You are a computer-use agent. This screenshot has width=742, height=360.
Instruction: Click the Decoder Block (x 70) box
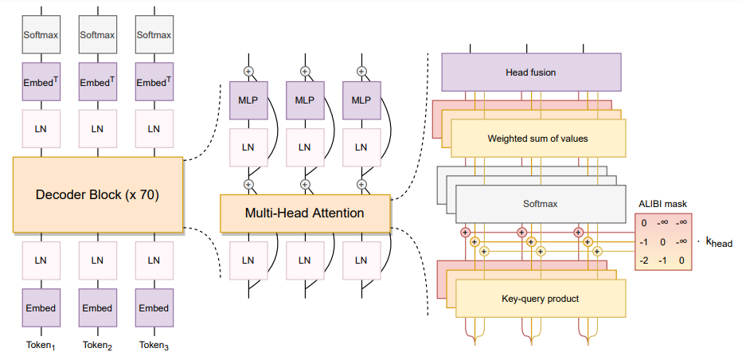coord(97,194)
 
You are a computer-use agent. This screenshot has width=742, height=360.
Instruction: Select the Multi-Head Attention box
coord(305,213)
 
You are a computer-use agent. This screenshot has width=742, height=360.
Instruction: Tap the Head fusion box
coord(531,72)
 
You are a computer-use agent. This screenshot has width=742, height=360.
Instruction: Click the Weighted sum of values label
coord(537,139)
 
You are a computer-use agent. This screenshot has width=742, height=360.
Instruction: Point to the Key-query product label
coord(541,299)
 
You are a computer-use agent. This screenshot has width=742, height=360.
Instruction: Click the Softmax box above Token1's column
coord(41,34)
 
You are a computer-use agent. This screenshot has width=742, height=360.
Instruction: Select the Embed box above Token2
coord(97,308)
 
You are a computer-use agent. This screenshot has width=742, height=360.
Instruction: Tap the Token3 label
coord(154,346)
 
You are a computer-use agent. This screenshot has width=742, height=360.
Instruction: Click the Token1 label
coord(41,346)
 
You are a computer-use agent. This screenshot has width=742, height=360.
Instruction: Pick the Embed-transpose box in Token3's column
coord(154,81)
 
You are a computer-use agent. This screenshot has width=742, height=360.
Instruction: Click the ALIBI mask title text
coord(662,205)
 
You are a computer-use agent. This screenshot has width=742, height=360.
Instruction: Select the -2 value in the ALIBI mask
coord(643,260)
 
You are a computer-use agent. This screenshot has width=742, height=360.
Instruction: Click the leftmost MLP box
coord(248,100)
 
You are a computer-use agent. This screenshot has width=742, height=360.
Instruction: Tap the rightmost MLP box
coord(361,100)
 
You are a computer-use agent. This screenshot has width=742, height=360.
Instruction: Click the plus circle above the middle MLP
coord(305,72)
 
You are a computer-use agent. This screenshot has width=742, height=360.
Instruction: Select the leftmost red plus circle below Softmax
coord(465,233)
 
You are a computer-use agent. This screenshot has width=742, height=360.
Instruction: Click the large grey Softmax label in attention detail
coord(541,204)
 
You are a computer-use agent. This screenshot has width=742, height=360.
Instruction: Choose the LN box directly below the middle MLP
coord(305,147)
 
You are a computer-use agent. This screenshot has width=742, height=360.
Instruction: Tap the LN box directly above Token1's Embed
coord(41,260)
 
